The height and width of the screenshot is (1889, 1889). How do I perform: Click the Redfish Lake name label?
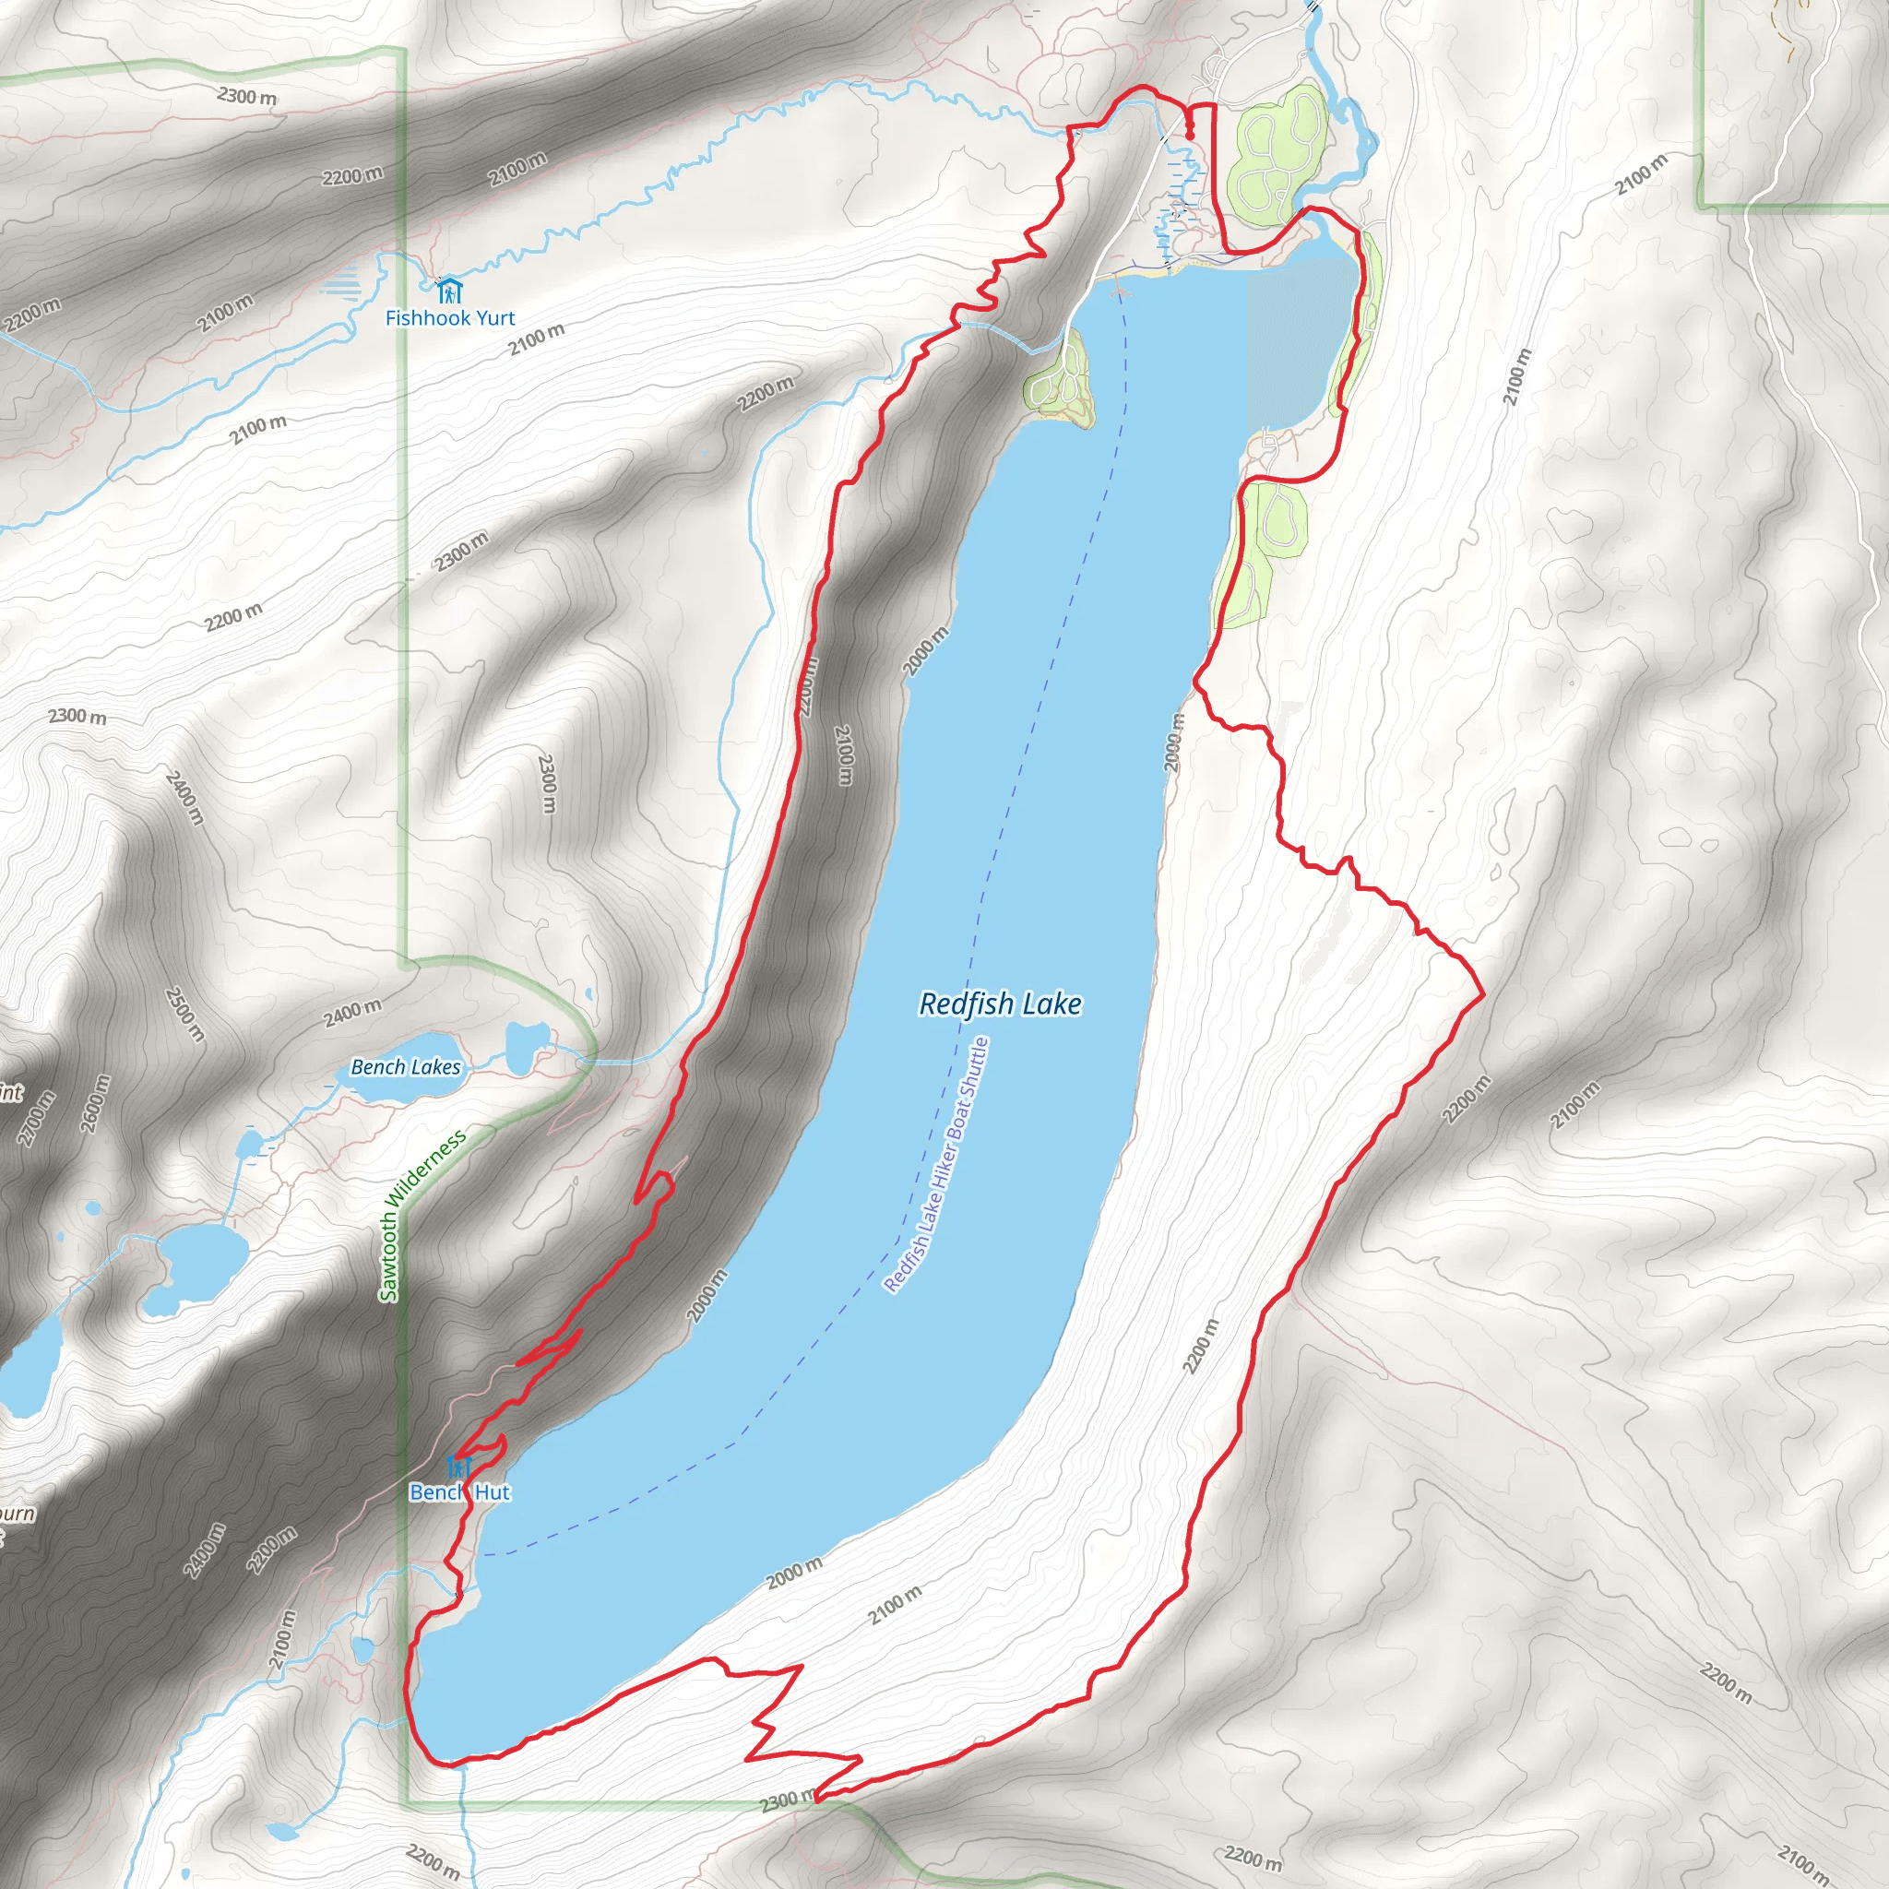(x=1000, y=1004)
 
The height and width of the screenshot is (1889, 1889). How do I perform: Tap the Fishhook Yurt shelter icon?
(x=449, y=290)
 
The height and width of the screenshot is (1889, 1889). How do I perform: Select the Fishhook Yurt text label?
(x=450, y=318)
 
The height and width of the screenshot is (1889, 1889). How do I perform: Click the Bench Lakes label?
(x=406, y=1067)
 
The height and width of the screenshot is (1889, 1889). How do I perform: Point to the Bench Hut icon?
(x=458, y=1467)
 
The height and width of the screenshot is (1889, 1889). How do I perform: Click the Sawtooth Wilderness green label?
(x=422, y=1217)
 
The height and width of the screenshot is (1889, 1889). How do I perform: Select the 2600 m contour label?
(x=96, y=1104)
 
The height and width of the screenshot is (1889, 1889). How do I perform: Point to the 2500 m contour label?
(x=184, y=1014)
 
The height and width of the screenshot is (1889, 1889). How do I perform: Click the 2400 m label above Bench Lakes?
(x=353, y=1014)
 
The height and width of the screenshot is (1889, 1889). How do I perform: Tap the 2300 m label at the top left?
(x=246, y=96)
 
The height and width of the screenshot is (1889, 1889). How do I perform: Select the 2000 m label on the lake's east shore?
(x=1174, y=743)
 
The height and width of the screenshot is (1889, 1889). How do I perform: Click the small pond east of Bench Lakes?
(x=528, y=1042)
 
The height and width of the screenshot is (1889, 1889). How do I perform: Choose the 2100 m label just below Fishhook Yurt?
(x=536, y=339)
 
